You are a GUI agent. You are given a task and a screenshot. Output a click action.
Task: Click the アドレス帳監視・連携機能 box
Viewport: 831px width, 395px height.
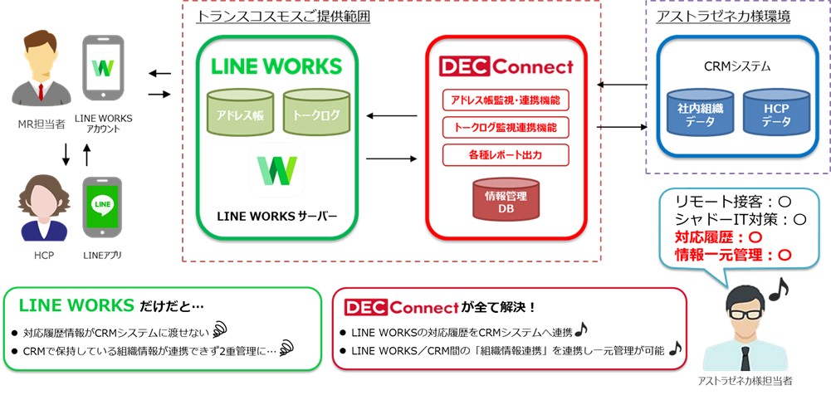pos(506,99)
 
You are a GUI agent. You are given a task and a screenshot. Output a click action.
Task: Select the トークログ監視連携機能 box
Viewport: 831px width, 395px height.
pos(506,127)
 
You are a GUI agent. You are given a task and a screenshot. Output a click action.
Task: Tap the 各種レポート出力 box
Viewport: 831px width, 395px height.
pos(506,154)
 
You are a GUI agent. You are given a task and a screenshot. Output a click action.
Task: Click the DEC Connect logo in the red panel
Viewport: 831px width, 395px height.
pos(506,66)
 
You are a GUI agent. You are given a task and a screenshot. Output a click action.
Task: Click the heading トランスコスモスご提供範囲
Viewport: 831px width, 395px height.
pos(283,15)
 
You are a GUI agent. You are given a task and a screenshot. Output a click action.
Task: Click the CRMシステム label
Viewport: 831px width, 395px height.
pos(731,66)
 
